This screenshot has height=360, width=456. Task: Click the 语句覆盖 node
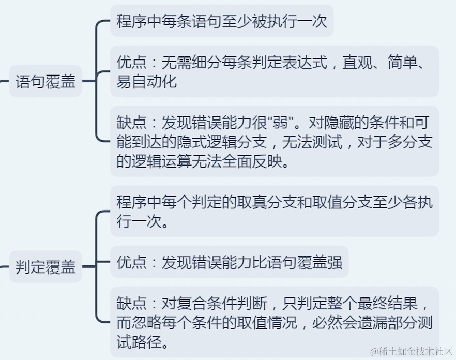[x=45, y=82]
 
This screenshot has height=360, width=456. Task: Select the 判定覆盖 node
[x=45, y=267]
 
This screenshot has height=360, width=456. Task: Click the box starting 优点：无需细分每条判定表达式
[x=274, y=71]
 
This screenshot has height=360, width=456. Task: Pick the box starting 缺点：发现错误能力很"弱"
[x=274, y=141]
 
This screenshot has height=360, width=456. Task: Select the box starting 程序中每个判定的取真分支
[x=274, y=212]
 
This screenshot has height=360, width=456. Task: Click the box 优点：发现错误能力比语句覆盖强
[x=230, y=262]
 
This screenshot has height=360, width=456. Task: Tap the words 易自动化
[x=147, y=81]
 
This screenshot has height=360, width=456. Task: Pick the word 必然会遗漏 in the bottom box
[x=349, y=323]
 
